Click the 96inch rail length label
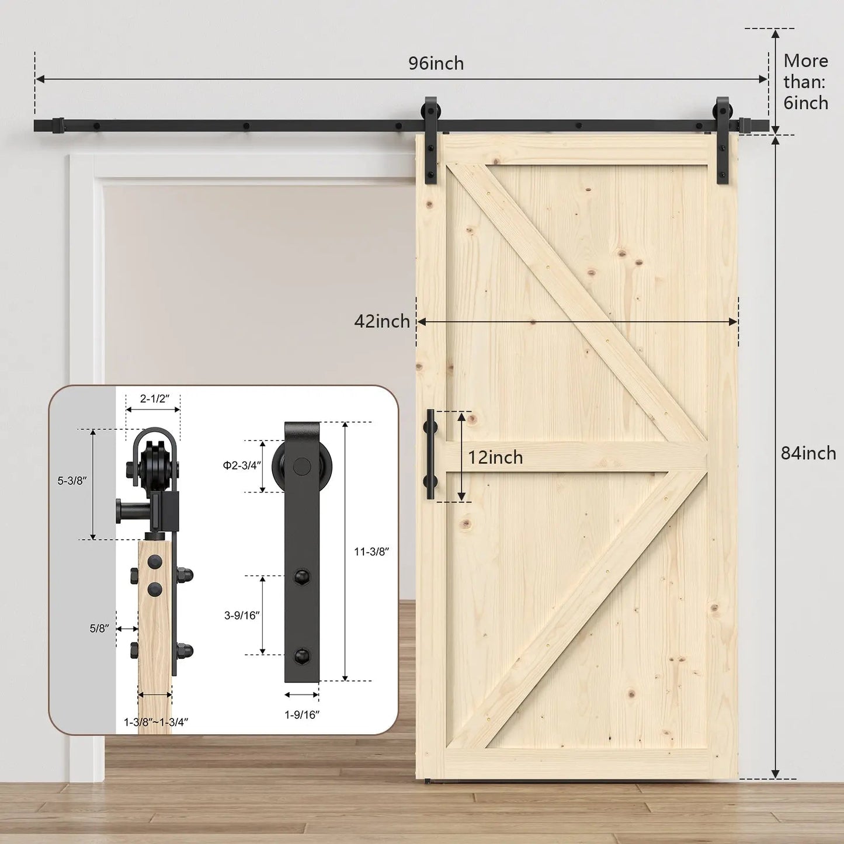436,63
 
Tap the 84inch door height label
808,453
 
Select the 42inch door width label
382,321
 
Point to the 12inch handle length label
495,457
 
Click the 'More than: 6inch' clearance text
805,82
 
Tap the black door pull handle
431,454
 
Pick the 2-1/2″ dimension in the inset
154,399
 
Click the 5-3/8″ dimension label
72,481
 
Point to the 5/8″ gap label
99,628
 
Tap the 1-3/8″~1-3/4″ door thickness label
156,723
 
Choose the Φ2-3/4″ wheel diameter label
242,466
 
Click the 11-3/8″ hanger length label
371,551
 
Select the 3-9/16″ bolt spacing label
242,615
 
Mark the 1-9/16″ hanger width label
302,714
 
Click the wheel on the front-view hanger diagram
302,466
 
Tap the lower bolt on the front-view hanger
302,655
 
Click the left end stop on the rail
58,126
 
